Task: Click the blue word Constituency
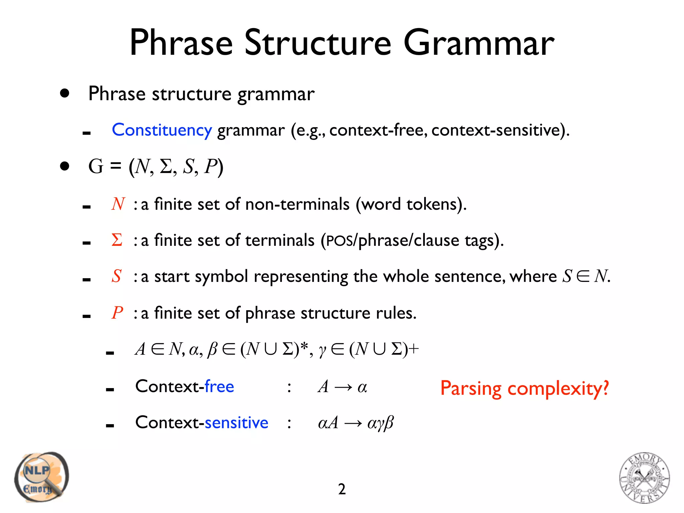pos(162,130)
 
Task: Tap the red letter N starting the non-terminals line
pos(118,204)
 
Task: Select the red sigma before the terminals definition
pos(117,240)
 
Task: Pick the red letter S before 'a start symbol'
pos(117,276)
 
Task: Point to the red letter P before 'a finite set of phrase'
pos(117,313)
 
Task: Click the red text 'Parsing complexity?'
pos(524,388)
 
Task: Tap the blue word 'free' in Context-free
pos(219,386)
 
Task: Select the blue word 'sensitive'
pos(236,423)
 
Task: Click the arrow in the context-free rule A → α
pos(343,387)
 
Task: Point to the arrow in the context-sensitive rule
pos(353,423)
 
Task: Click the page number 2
pos(342,489)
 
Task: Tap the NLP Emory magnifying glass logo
pos(41,477)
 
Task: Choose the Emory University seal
pos(644,478)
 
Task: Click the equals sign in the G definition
pos(116,166)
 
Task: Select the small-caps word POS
pos(339,241)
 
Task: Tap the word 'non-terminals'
pos(297,204)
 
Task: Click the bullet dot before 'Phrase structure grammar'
pos(65,93)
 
